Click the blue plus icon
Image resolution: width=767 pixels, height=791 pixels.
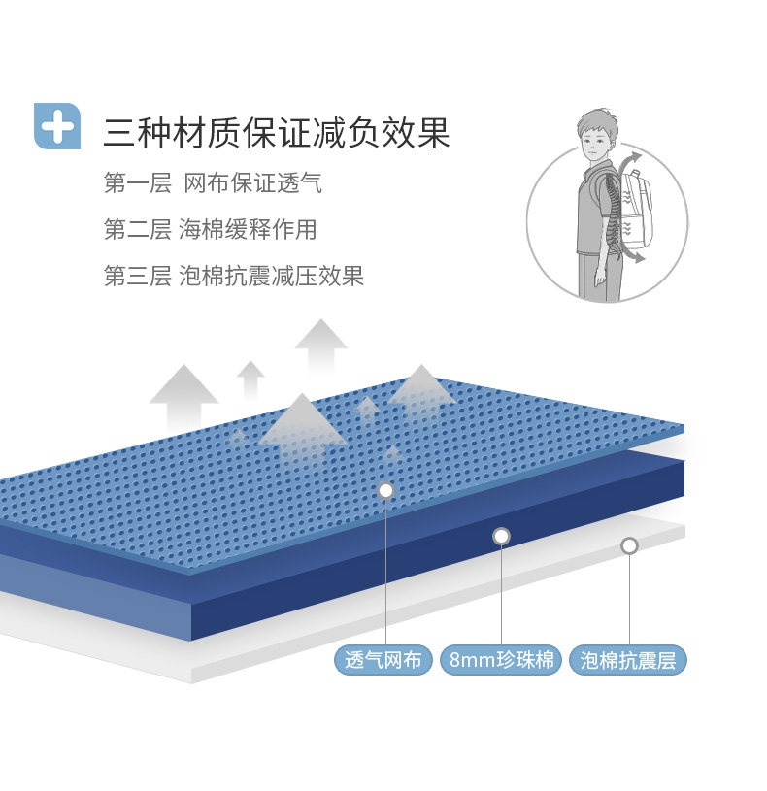click(x=57, y=125)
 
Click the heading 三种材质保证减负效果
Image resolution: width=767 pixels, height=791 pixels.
click(x=277, y=133)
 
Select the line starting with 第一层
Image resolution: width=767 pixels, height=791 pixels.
click(x=213, y=182)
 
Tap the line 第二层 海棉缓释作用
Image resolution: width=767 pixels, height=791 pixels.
click(x=210, y=229)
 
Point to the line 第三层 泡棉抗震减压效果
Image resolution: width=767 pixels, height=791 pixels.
click(x=233, y=276)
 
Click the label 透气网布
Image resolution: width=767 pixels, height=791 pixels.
click(x=383, y=661)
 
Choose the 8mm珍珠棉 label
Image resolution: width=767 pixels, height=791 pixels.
click(x=501, y=661)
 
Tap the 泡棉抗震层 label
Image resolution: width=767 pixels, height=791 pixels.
click(x=628, y=661)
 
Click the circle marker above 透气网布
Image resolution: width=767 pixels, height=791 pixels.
click(x=385, y=490)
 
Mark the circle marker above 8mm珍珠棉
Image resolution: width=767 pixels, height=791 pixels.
click(x=501, y=536)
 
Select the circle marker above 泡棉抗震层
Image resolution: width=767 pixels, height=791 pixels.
click(x=629, y=545)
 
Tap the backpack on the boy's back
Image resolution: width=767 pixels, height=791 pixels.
click(x=636, y=209)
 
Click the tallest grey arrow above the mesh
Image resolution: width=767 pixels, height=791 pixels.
click(x=320, y=345)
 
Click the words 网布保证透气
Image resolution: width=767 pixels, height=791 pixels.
click(x=252, y=182)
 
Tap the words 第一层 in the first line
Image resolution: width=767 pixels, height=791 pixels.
click(x=137, y=182)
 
